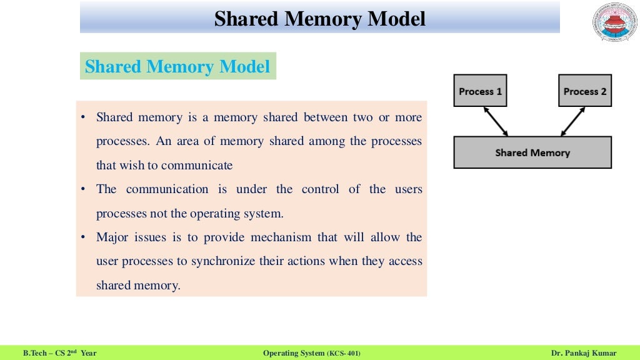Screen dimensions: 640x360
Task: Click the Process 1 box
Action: pyautogui.click(x=480, y=91)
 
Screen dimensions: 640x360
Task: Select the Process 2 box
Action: pyautogui.click(x=584, y=91)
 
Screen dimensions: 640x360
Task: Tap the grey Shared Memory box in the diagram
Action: pyautogui.click(x=532, y=152)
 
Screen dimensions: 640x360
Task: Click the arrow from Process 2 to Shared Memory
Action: pyautogui.click(x=572, y=121)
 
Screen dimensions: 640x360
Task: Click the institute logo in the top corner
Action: pyautogui.click(x=614, y=23)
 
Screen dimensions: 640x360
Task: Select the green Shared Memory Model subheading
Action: pyautogui.click(x=177, y=66)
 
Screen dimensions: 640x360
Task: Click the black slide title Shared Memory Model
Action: pyautogui.click(x=319, y=19)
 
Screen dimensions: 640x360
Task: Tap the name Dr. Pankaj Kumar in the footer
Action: pyautogui.click(x=584, y=353)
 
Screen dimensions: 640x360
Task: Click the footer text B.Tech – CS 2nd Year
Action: pyautogui.click(x=60, y=353)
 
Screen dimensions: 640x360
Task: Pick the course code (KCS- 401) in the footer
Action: pyautogui.click(x=344, y=354)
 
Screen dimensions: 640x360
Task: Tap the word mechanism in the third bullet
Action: pyautogui.click(x=282, y=237)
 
